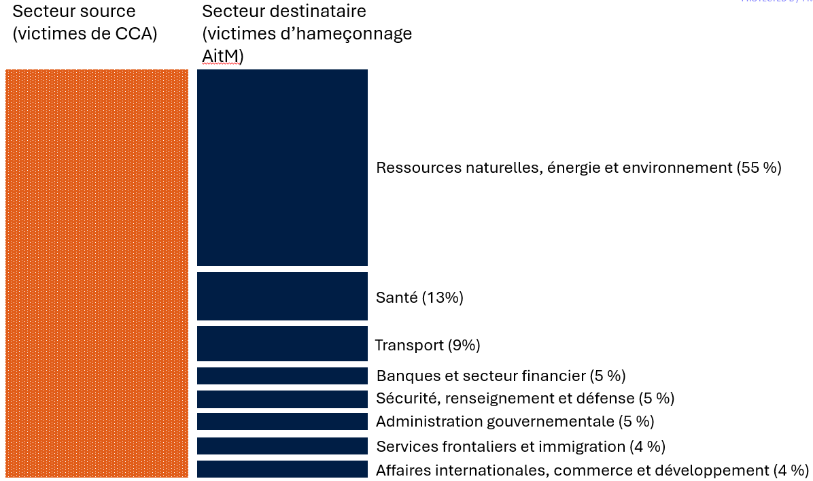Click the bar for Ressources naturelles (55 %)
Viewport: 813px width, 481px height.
click(x=282, y=167)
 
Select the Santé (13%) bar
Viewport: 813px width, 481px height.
click(x=282, y=296)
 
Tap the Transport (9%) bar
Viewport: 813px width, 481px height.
click(x=282, y=344)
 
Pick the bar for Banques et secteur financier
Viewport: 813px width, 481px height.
click(x=282, y=376)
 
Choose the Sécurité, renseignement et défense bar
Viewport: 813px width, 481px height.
click(x=282, y=399)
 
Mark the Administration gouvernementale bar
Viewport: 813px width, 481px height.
click(x=282, y=421)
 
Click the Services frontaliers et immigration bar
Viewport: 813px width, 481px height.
click(x=282, y=446)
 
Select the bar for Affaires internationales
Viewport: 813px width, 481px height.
click(x=282, y=469)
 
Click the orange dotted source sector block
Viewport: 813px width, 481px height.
click(x=97, y=273)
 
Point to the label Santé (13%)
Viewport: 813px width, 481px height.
click(x=419, y=297)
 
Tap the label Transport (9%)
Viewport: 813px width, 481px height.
click(x=428, y=346)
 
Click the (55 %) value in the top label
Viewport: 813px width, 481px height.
click(x=759, y=167)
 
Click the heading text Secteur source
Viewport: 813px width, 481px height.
click(x=74, y=12)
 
